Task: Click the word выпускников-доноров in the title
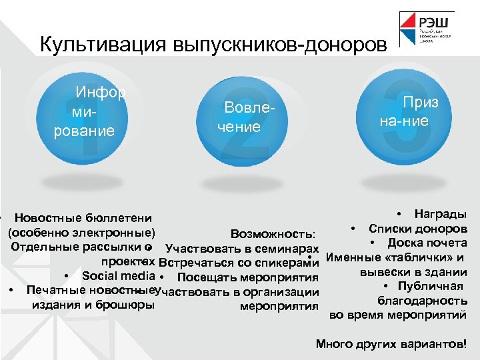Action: click(x=279, y=45)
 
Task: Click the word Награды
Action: click(x=440, y=214)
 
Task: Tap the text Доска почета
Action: click(x=427, y=243)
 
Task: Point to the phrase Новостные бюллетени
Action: click(x=83, y=218)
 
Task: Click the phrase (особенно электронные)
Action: click(x=81, y=233)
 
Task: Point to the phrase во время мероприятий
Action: click(x=398, y=315)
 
